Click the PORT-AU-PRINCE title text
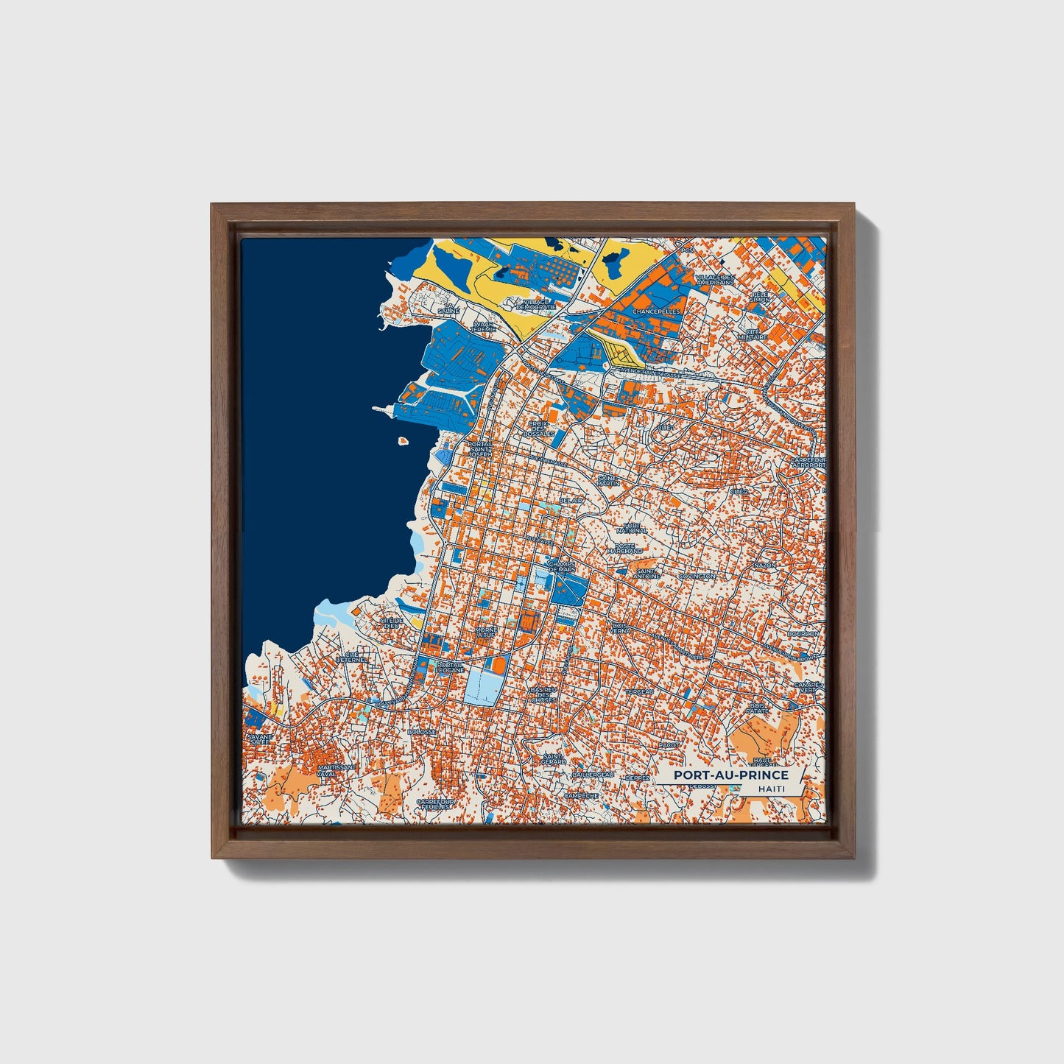(x=730, y=775)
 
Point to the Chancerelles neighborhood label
(x=644, y=311)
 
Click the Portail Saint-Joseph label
(x=480, y=449)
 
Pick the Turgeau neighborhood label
(x=638, y=693)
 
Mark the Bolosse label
(x=423, y=732)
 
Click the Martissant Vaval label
(x=337, y=770)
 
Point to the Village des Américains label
(x=714, y=280)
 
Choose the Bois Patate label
(x=757, y=708)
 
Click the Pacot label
(x=669, y=745)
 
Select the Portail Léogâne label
(x=449, y=667)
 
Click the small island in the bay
(x=403, y=442)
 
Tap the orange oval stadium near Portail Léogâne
(x=498, y=665)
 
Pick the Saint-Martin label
(x=608, y=480)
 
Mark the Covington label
(x=697, y=577)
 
